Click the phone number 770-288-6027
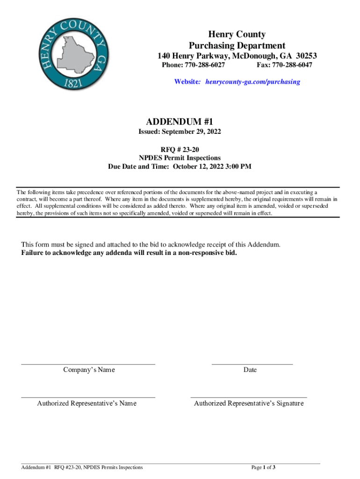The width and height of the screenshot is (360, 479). [205, 65]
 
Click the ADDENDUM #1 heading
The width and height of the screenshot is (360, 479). [180, 123]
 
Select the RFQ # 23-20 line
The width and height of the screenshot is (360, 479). [180, 150]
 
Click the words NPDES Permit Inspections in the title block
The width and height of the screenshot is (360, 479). [180, 158]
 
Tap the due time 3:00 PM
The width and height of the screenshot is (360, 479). [238, 167]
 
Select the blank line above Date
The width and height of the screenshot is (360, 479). [252, 363]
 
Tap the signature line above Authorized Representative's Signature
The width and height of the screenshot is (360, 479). [249, 397]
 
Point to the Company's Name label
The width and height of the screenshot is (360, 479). [89, 370]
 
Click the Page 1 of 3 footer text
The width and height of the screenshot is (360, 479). [263, 467]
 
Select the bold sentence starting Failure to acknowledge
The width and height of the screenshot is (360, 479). [129, 253]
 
